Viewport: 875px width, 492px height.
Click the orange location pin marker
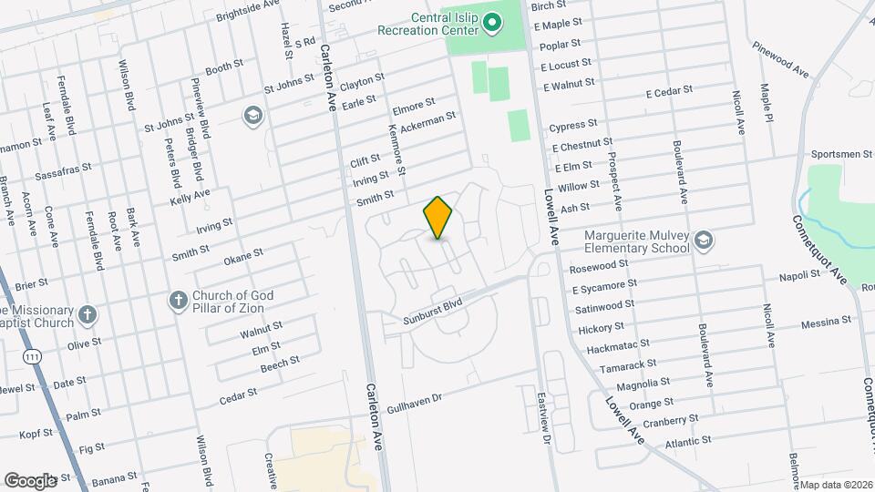click(437, 218)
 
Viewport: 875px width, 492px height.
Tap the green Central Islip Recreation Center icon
click(491, 22)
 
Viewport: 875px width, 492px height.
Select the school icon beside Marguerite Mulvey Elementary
click(703, 240)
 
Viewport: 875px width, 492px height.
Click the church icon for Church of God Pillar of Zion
click(179, 300)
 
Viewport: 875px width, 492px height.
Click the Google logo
click(30, 480)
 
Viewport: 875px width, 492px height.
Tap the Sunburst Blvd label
click(434, 312)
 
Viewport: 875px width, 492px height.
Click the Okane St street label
click(243, 254)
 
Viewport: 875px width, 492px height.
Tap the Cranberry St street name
click(670, 421)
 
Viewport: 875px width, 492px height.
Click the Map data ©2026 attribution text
click(836, 484)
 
